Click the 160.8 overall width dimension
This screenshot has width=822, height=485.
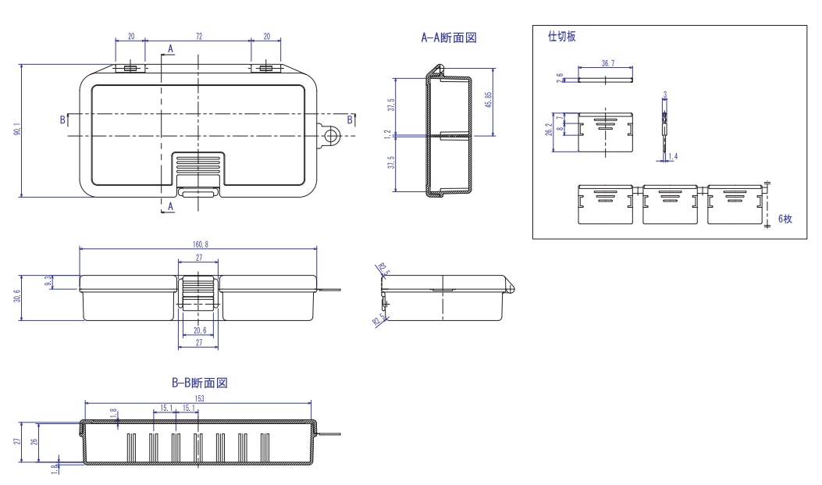pyautogui.click(x=201, y=244)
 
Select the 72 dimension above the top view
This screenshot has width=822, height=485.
pyautogui.click(x=199, y=37)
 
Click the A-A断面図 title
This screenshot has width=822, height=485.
pyautogui.click(x=449, y=37)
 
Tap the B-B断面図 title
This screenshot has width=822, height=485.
pyautogui.click(x=200, y=383)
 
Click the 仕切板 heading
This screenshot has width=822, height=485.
pyautogui.click(x=562, y=37)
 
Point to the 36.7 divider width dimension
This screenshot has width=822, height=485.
pyautogui.click(x=605, y=62)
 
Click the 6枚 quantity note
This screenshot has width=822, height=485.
pyautogui.click(x=785, y=219)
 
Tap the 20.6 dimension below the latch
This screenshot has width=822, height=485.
pyautogui.click(x=199, y=330)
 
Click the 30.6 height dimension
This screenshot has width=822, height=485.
pyautogui.click(x=17, y=297)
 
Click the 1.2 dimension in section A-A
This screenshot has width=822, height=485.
pyautogui.click(x=388, y=135)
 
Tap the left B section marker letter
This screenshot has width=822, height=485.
pyautogui.click(x=62, y=119)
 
